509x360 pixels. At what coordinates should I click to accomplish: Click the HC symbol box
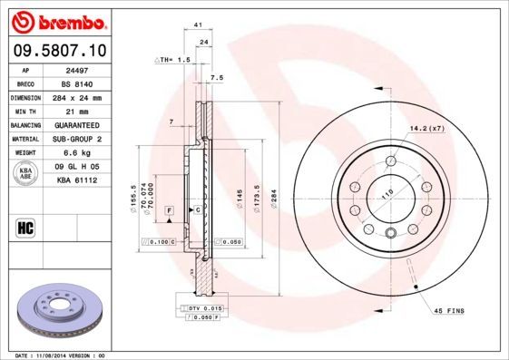tap(25, 228)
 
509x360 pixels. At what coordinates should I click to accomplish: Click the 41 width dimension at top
tap(197, 28)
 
